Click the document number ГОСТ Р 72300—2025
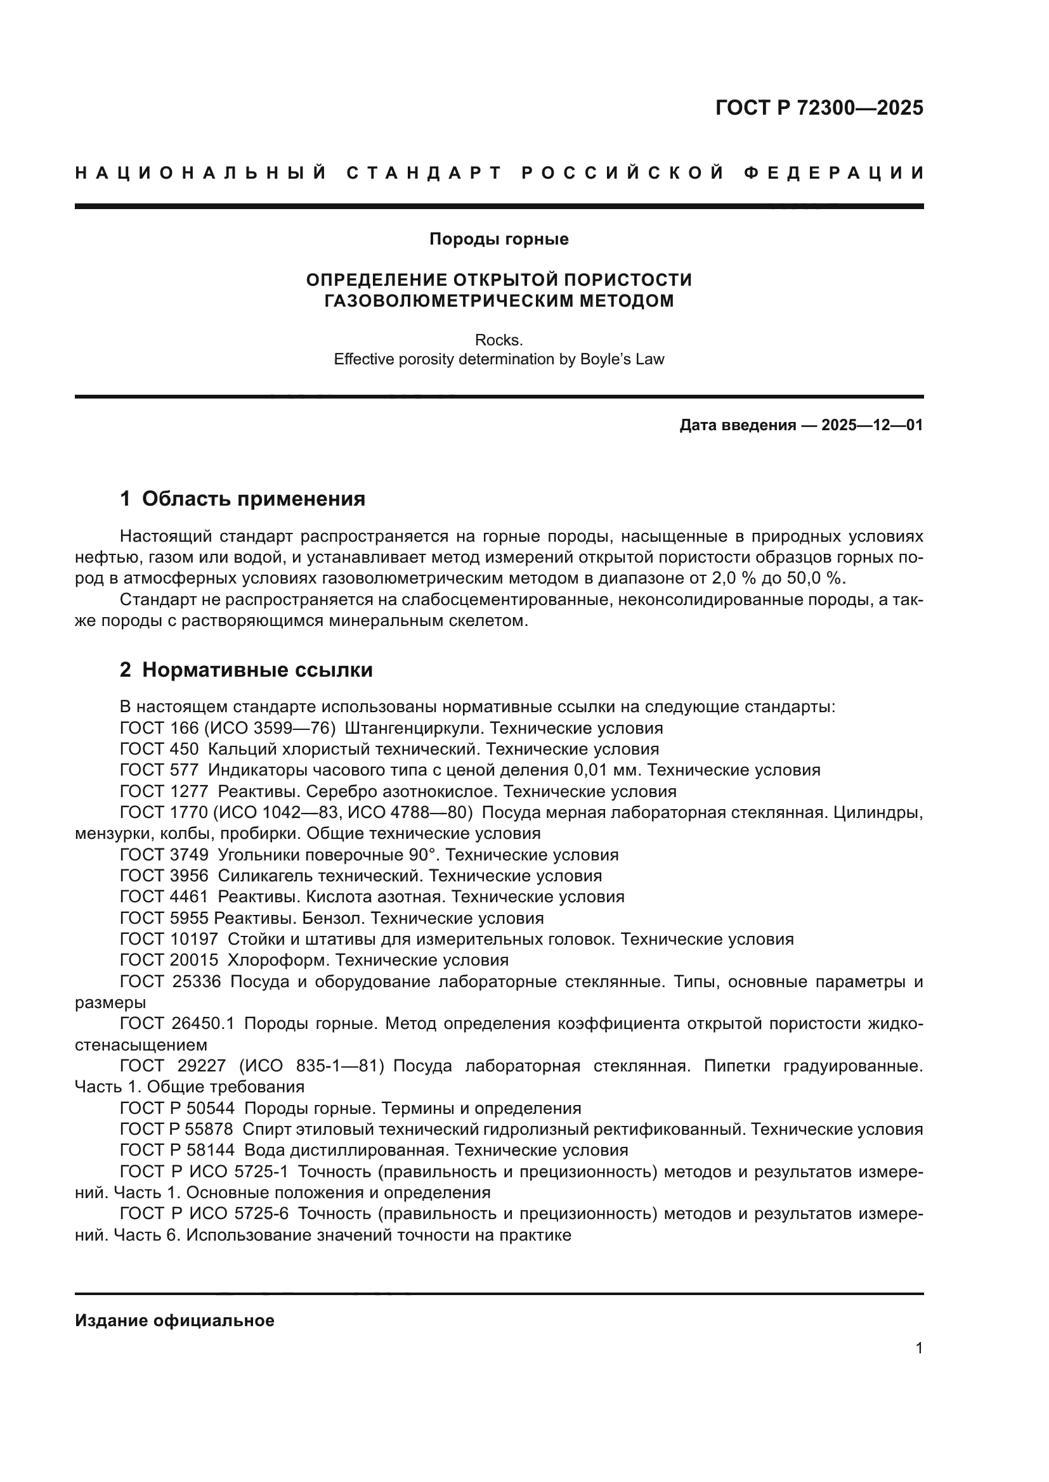[818, 108]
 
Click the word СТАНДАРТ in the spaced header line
[424, 173]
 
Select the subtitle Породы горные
[498, 240]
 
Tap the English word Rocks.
[498, 340]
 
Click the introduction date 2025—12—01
[872, 425]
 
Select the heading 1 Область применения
[242, 499]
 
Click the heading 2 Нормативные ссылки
[246, 670]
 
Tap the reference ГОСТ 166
[159, 728]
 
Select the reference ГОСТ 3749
[164, 855]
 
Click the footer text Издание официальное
[174, 1320]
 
